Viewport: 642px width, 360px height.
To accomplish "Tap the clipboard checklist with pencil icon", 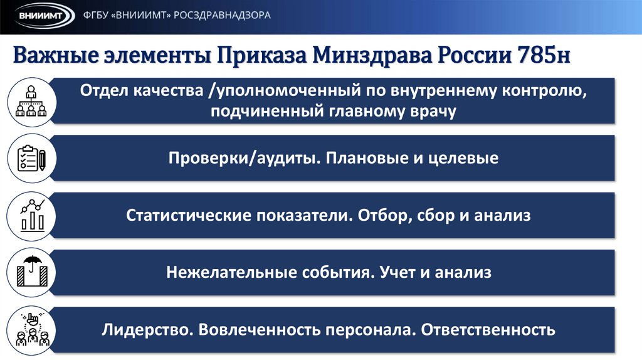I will coord(29,159).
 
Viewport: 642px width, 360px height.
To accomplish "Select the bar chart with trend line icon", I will coord(29,216).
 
